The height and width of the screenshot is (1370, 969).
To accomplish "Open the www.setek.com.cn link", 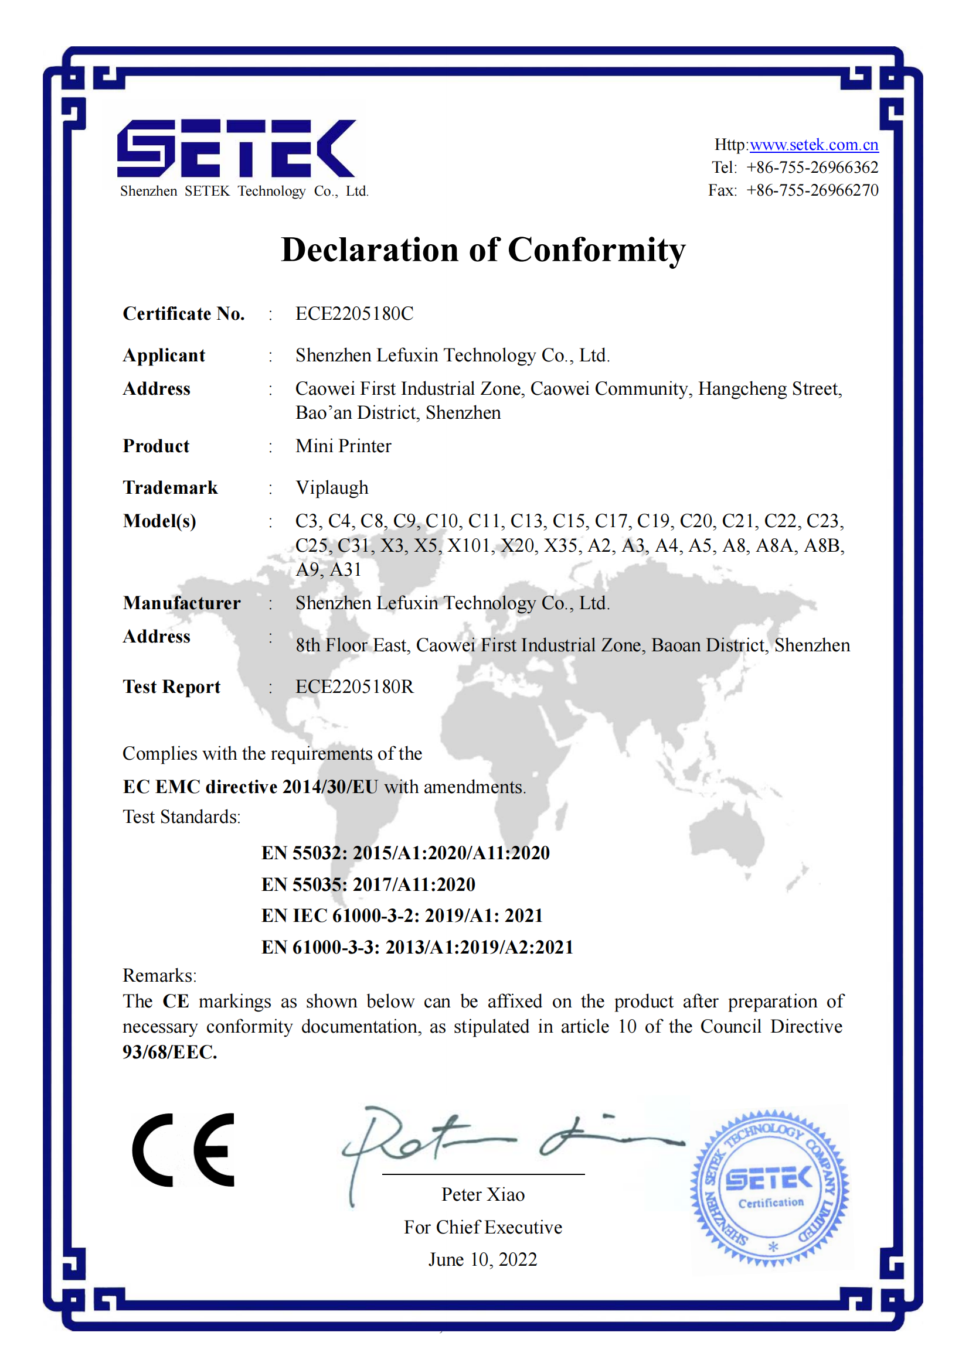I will (814, 145).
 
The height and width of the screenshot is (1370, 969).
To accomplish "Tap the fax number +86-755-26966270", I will (812, 190).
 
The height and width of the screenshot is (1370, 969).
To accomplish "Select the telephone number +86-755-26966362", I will (812, 168).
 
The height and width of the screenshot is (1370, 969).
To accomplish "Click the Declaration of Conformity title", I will (483, 250).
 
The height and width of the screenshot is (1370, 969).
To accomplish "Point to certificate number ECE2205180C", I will (354, 314).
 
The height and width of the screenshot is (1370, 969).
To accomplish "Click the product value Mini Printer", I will (344, 446).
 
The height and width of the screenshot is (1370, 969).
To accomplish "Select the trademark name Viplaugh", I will (332, 488).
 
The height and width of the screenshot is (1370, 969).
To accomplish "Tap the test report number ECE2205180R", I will (354, 687).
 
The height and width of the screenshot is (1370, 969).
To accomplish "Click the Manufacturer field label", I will (182, 603).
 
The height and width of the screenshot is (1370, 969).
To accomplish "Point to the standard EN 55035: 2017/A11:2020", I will (368, 884).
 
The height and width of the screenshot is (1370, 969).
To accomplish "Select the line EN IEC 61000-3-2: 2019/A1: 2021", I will (402, 915).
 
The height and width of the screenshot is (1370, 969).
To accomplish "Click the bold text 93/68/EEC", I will (169, 1052).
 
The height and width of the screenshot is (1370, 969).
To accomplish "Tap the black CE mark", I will (183, 1150).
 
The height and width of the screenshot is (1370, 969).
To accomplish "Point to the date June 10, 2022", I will (482, 1259).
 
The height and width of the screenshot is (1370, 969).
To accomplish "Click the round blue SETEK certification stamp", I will (770, 1187).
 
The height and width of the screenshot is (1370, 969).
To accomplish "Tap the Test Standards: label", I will (182, 817).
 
